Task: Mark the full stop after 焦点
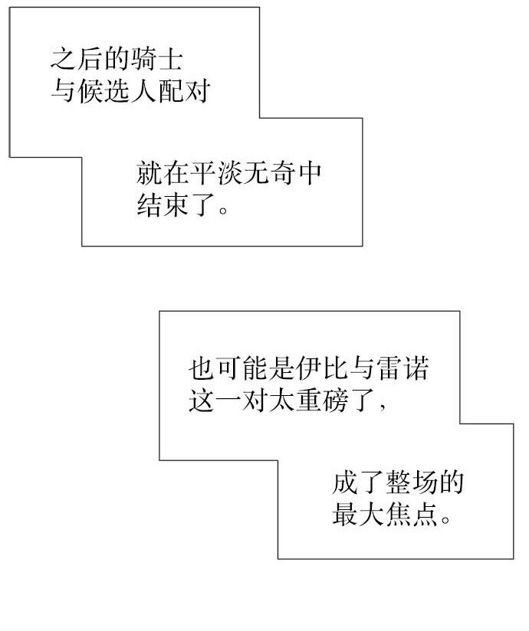[448, 519]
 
